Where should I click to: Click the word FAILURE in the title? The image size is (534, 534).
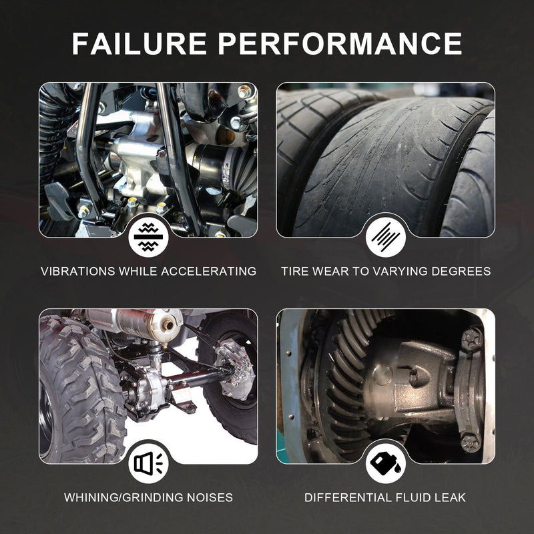(140, 43)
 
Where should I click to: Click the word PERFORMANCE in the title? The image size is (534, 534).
(340, 43)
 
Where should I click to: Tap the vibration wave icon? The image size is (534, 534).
(148, 237)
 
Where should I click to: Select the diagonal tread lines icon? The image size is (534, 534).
(386, 237)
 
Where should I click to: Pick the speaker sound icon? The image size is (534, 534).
(148, 463)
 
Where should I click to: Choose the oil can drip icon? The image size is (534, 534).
(386, 463)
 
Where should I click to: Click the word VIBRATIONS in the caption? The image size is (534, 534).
(77, 271)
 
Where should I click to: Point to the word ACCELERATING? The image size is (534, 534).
(208, 271)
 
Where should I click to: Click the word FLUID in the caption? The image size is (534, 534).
(413, 497)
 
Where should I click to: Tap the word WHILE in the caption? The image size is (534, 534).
(138, 271)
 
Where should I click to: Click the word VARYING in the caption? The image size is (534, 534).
(400, 271)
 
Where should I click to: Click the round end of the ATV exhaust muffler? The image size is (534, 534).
(168, 325)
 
